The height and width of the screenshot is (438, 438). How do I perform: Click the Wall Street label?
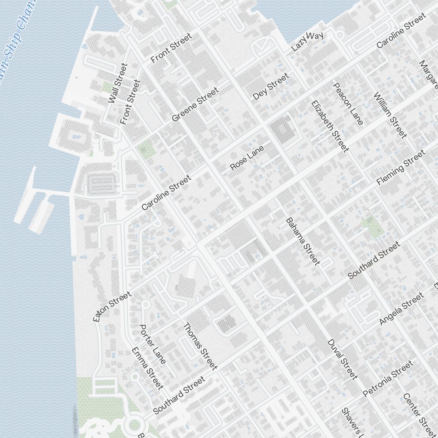tap(117, 83)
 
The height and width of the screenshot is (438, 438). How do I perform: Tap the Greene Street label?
tap(195, 105)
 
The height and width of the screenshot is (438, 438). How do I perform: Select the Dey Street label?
tap(271, 86)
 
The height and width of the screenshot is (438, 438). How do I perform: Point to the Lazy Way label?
tap(308, 42)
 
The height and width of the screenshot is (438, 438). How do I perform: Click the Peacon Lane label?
tap(348, 104)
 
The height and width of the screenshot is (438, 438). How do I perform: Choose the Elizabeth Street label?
tap(330, 126)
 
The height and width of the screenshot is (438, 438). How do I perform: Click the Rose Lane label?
tap(247, 158)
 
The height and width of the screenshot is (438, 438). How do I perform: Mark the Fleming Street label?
tap(400, 167)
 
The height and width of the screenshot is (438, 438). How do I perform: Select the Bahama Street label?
tap(303, 241)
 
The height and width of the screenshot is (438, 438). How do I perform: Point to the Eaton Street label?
tap(112, 307)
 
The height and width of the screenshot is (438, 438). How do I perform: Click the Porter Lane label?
tap(152, 344)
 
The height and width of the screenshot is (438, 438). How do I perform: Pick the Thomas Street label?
tap(200, 346)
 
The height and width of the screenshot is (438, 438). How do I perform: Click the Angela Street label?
tap(402, 309)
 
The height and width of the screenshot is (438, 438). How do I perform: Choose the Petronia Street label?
tap(388, 378)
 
